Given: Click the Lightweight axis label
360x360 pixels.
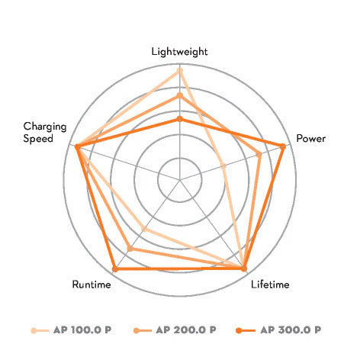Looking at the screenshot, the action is pos(179,52).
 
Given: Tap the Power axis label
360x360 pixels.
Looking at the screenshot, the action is pos(311,139).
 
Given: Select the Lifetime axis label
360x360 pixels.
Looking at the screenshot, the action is pos(270,284).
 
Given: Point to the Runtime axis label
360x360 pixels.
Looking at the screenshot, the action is pos(92,284).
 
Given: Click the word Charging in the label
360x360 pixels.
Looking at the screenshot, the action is pos(45,127).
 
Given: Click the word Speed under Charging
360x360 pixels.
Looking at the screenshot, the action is pos(38,139).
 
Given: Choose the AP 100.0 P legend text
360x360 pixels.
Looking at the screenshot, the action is pos(82,330).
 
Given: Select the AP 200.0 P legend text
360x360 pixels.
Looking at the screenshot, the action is pos(186,330).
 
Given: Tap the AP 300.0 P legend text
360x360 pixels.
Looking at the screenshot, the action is pos(291,330).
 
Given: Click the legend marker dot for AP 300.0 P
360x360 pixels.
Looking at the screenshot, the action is pos(239,330).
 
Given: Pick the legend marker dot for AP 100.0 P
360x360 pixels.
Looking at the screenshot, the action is pos(34,330).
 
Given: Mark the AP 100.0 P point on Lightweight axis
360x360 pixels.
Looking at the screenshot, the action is pos(180,71).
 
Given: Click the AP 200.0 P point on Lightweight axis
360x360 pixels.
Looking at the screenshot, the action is pos(180,95).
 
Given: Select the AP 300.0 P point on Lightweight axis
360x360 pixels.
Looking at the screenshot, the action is pos(180,119).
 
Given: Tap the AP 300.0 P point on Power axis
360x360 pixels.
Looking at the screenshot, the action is pos(282,146).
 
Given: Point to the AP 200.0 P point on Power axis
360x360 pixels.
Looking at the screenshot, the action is pos(259,154).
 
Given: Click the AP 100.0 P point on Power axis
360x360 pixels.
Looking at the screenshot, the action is pos(223,166).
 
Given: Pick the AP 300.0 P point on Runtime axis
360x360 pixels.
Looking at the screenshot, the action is pos(115,268).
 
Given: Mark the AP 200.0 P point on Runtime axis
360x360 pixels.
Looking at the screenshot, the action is pos(130,249).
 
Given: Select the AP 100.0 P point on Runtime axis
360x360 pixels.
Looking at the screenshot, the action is pos(144,229).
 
